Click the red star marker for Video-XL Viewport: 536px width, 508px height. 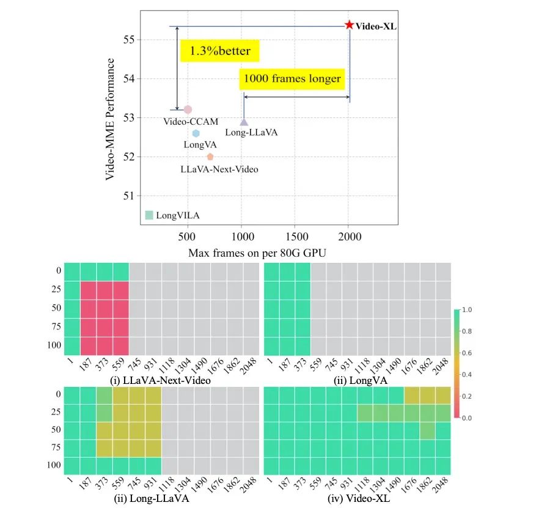coord(349,25)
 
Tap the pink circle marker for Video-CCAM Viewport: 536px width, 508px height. coord(188,109)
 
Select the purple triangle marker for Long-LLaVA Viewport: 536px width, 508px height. coord(244,122)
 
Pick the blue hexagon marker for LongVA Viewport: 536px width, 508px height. coord(196,133)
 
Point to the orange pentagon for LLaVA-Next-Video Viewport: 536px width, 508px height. coord(210,157)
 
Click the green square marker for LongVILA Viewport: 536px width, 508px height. coord(149,215)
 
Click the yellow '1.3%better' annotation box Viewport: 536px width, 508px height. coord(220,51)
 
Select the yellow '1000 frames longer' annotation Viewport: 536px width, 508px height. coord(292,78)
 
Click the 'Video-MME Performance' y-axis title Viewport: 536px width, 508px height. coord(111,119)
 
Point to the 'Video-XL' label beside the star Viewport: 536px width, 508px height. coord(376,26)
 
